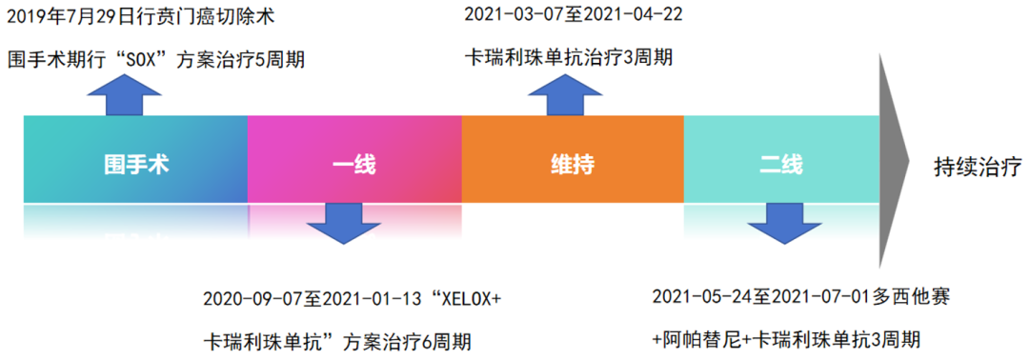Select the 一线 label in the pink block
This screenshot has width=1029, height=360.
(x=353, y=164)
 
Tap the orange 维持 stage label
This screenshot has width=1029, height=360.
(x=573, y=164)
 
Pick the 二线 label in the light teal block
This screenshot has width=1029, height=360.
(x=781, y=164)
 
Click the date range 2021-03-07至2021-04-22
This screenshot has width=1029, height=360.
(x=573, y=15)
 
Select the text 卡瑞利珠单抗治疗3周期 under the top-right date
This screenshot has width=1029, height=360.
(x=568, y=57)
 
